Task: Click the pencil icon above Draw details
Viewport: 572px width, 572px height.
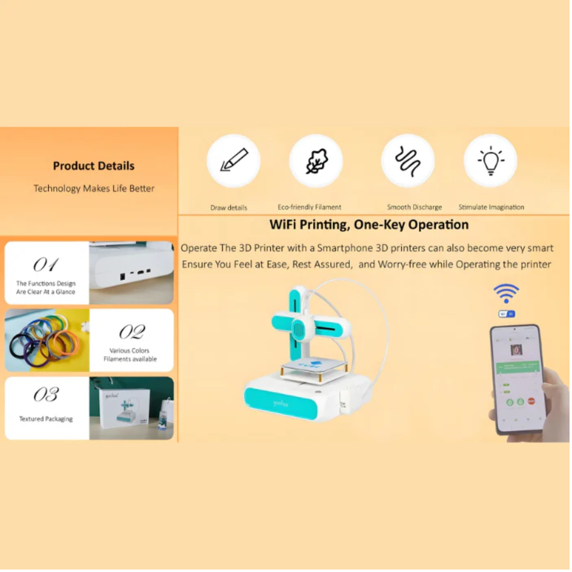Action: [x=234, y=160]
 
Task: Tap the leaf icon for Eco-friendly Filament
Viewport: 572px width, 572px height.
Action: [x=317, y=161]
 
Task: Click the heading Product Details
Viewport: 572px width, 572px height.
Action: [x=94, y=166]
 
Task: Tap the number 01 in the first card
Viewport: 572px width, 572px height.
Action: [x=46, y=265]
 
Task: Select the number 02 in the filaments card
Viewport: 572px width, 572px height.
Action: [x=132, y=332]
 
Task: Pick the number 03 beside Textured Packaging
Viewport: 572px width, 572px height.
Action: [x=46, y=395]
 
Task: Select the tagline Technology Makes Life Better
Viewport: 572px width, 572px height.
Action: [x=94, y=188]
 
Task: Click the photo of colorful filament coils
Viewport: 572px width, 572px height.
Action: [x=47, y=340]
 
